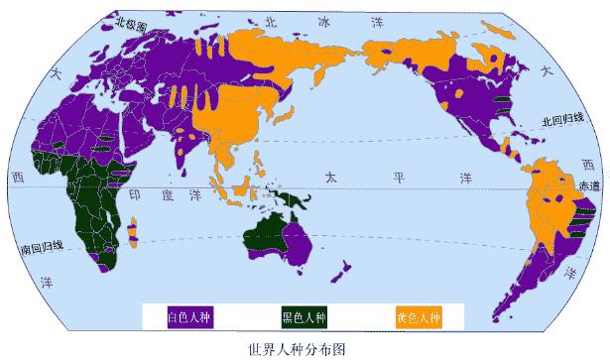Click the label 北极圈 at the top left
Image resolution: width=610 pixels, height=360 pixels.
coord(130,21)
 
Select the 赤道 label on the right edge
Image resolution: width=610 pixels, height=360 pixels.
coord(589,184)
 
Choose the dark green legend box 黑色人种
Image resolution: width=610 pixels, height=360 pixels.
coord(302,316)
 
